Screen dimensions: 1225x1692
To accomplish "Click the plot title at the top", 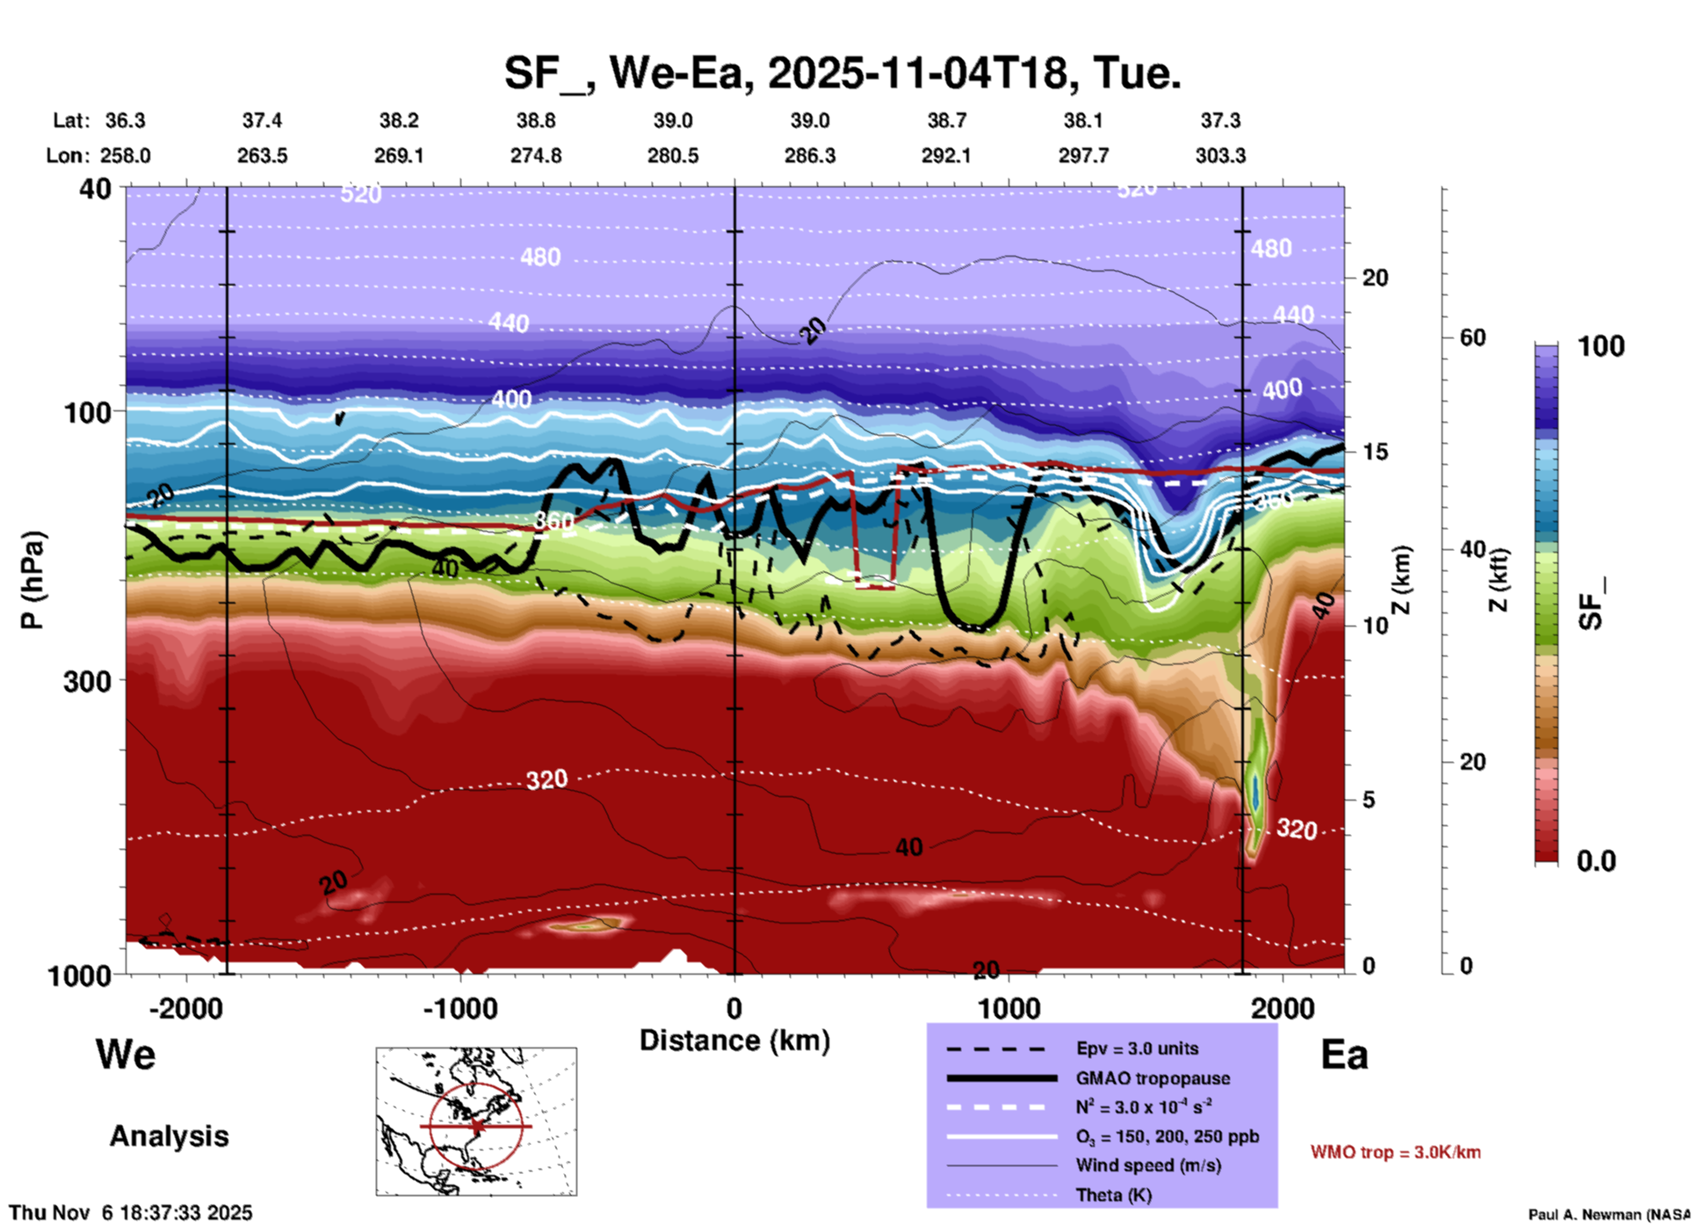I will point(842,72).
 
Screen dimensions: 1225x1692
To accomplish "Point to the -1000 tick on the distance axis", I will point(460,1008).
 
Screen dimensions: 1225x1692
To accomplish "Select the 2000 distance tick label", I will point(1283,1008).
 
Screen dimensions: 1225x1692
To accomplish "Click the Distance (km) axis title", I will point(734,1040).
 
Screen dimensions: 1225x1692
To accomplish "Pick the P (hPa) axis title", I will point(32,580).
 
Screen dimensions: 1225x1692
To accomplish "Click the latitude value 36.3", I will point(125,120).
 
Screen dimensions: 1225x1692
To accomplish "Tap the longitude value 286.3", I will point(809,156).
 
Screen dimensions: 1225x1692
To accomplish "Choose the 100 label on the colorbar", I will point(1601,346).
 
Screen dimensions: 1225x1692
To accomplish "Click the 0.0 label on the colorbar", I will point(1595,861).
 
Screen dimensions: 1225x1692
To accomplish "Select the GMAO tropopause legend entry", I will point(1153,1078).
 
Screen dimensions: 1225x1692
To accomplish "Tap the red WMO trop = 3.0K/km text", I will point(1395,1152).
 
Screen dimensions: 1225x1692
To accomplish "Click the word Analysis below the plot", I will point(169,1136).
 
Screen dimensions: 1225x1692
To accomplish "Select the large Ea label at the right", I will point(1344,1055).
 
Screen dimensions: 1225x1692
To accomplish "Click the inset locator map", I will point(476,1120).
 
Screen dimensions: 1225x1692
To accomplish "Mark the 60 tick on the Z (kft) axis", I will point(1472,337).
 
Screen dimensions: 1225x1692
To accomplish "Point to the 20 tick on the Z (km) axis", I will point(1375,278).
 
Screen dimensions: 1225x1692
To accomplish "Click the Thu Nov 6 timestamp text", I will point(131,1213).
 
